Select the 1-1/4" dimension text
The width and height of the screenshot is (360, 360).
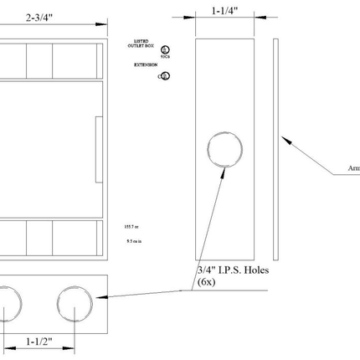tap(224, 12)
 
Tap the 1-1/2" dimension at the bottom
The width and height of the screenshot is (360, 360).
tap(39, 342)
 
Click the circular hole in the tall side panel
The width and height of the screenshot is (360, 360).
tap(224, 151)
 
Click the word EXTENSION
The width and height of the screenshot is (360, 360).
tap(146, 64)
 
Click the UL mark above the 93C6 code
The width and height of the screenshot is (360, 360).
tap(165, 49)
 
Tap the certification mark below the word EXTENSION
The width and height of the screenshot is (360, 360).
tap(165, 76)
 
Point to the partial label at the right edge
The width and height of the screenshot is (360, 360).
tap(353, 168)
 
